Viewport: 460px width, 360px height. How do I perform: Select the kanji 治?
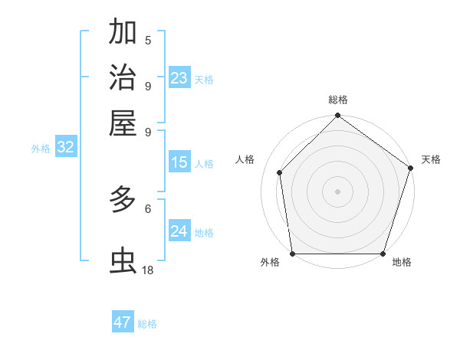tap(123, 77)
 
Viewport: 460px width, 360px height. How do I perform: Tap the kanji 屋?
tap(123, 123)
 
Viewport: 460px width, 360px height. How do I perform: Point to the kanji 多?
tap(123, 201)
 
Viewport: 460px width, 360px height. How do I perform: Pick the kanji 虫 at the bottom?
tap(123, 261)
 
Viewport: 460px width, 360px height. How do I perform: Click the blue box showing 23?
tap(179, 78)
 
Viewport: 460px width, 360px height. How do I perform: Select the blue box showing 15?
tap(179, 162)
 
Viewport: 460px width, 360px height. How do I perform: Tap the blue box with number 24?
tap(179, 231)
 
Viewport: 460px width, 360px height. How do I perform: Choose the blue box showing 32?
tap(65, 148)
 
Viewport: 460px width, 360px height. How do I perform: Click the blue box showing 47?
tap(123, 322)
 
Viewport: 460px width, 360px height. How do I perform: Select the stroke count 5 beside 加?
tap(147, 41)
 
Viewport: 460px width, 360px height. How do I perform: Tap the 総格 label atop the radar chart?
tap(338, 100)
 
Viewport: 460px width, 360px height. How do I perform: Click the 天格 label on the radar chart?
tap(431, 159)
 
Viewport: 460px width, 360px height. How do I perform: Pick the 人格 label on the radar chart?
tap(245, 159)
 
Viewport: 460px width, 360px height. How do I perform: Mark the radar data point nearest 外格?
tap(293, 254)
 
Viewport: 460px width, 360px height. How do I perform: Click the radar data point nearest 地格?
tap(383, 254)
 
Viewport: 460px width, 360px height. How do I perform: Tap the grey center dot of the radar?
tap(338, 191)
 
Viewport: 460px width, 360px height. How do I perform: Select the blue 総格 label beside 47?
tap(147, 324)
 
